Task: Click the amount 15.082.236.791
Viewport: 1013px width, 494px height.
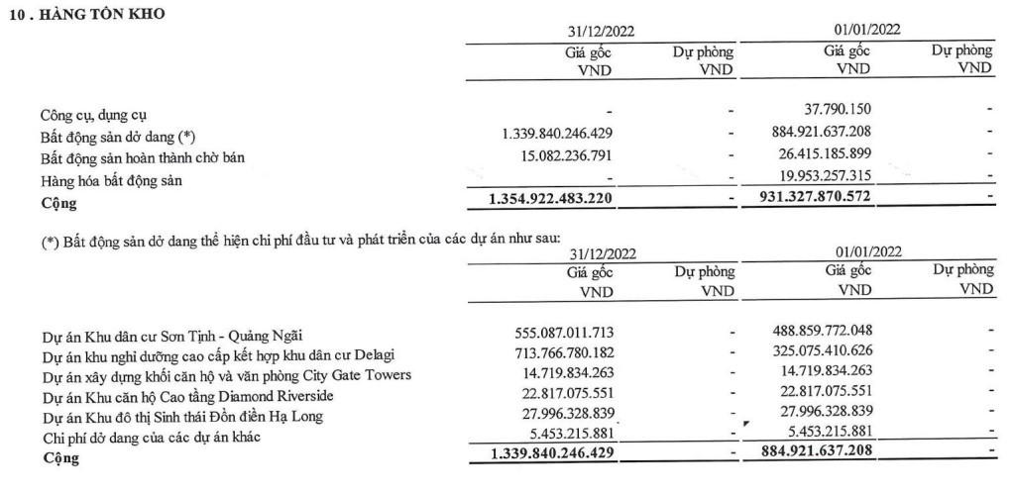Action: (x=562, y=155)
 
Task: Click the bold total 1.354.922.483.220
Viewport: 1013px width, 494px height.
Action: (x=551, y=201)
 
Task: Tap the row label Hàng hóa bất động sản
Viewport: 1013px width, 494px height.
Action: (x=111, y=181)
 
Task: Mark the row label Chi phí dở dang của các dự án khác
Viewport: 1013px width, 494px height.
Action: (x=149, y=438)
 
